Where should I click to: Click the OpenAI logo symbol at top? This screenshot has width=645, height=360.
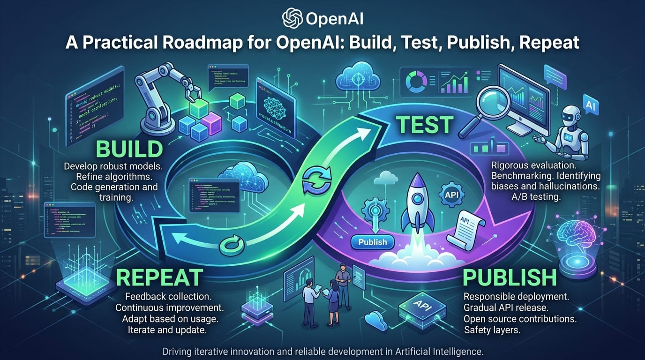292,18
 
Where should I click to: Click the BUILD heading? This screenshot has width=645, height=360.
129,149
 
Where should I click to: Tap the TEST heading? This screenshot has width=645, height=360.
425,125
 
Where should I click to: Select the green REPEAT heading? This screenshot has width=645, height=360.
160,277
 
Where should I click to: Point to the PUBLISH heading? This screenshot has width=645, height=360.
510,277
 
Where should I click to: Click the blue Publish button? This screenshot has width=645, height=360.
372,242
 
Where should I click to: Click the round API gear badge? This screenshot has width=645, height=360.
451,194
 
